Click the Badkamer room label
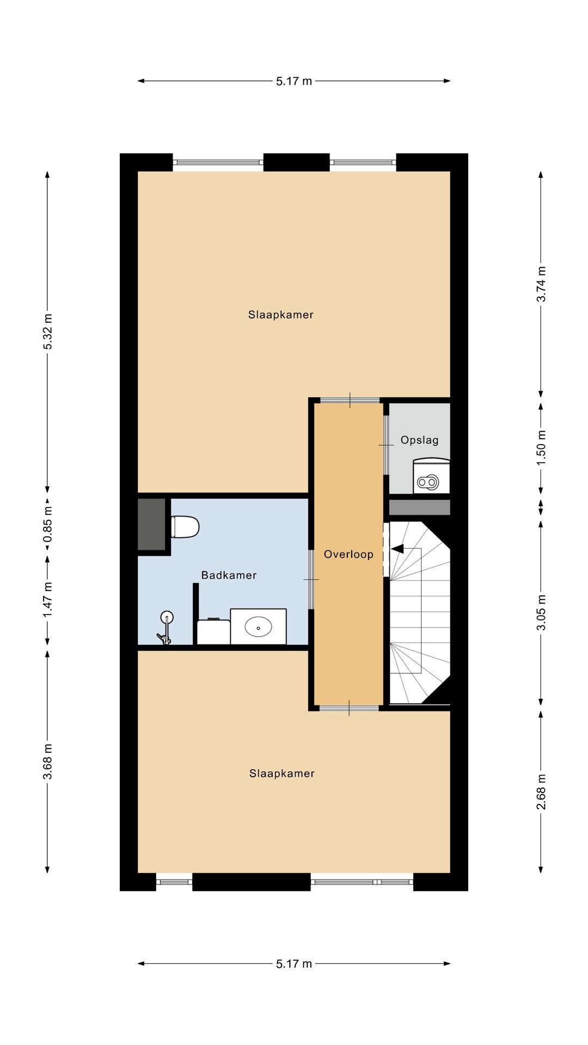(x=229, y=575)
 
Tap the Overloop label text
(x=348, y=555)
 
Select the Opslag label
(x=419, y=440)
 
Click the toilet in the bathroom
(x=185, y=527)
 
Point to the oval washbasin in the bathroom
(x=258, y=627)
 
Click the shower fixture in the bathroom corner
(x=166, y=628)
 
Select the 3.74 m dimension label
(x=541, y=284)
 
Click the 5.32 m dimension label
(x=48, y=331)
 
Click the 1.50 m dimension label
(x=541, y=447)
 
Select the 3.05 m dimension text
(x=541, y=613)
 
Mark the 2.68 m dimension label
(x=541, y=792)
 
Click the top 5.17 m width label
(x=294, y=81)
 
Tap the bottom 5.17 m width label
(x=294, y=964)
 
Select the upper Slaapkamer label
(x=281, y=315)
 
